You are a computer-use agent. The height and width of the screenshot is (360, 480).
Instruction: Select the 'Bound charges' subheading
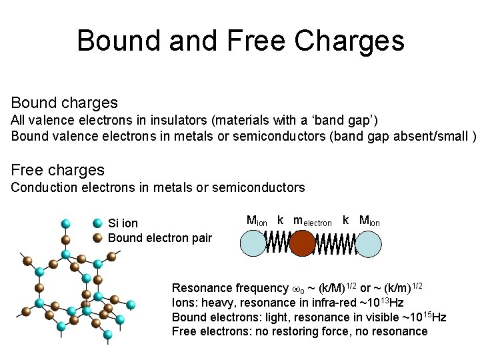click(x=64, y=103)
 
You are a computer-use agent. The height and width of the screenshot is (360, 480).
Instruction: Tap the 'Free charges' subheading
click(x=58, y=170)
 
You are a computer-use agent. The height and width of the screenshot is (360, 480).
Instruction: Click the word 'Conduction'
click(x=41, y=187)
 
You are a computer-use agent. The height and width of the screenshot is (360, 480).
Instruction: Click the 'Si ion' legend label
click(x=123, y=223)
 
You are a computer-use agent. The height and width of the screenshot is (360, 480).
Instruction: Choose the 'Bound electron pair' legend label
click(x=160, y=238)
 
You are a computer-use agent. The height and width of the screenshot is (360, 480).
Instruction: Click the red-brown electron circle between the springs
click(x=301, y=243)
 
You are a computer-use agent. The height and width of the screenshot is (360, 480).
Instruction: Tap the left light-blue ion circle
click(x=253, y=243)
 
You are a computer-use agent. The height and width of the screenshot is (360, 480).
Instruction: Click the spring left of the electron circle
click(x=277, y=243)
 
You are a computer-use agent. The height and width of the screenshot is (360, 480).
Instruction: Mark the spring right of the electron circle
click(x=334, y=243)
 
